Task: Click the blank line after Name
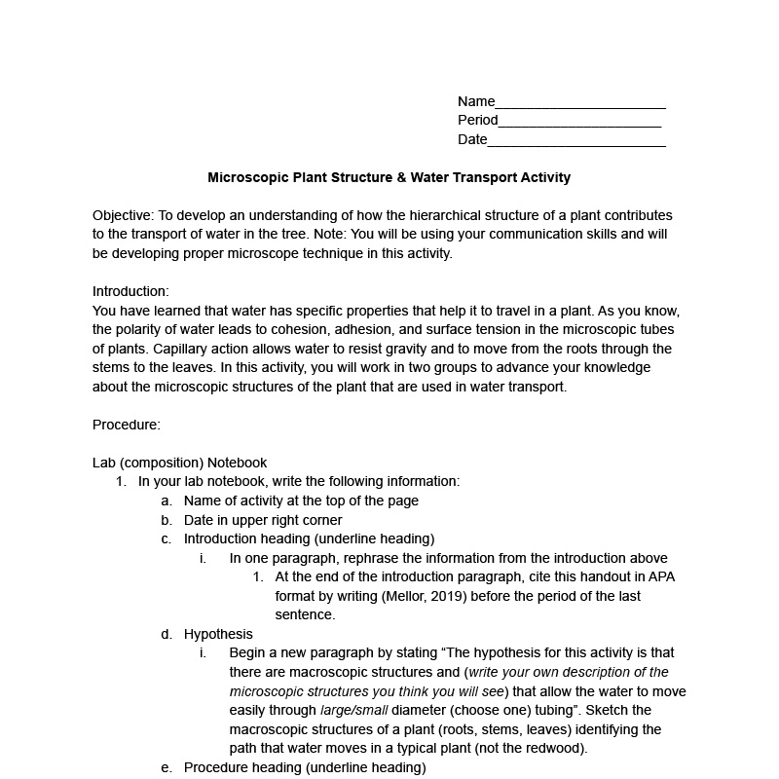click(580, 103)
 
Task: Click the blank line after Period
click(579, 122)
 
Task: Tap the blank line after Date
click(575, 141)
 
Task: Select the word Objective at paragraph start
click(123, 215)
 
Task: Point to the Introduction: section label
click(130, 291)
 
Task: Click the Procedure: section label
click(127, 425)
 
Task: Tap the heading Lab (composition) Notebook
click(179, 463)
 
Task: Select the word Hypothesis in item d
click(218, 634)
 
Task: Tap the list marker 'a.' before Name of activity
click(167, 501)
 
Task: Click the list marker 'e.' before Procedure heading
click(167, 767)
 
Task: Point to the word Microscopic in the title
click(247, 178)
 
